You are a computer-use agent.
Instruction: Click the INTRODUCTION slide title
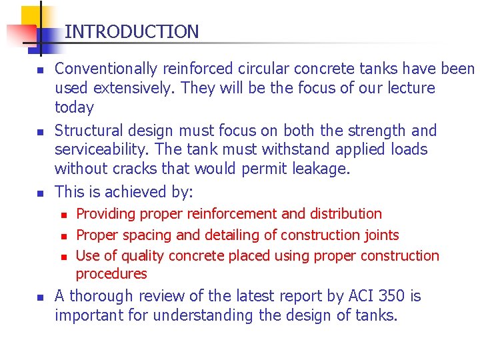click(x=131, y=31)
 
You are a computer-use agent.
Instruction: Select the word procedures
click(x=111, y=274)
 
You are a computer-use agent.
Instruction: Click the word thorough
click(x=100, y=296)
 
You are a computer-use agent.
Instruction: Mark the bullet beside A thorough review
click(x=40, y=297)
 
